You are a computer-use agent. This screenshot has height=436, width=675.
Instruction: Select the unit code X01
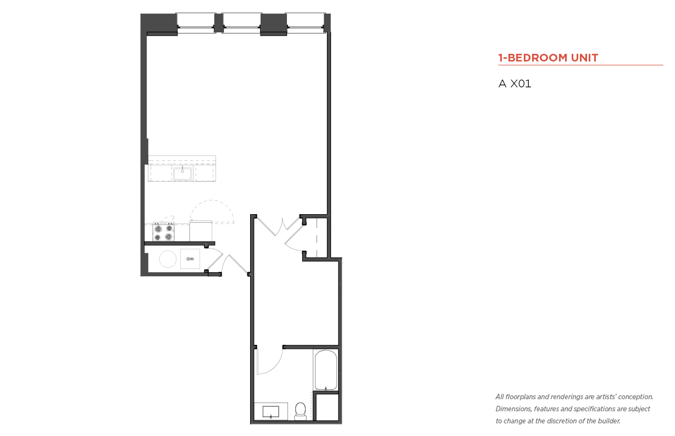(521, 83)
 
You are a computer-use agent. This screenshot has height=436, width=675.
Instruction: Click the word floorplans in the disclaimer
(521, 397)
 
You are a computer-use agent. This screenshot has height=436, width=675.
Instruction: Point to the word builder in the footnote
(609, 421)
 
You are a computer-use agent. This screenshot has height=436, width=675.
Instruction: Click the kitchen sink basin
(182, 174)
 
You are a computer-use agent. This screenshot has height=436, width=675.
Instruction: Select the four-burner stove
(163, 232)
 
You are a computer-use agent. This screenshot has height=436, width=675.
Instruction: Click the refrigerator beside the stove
(201, 231)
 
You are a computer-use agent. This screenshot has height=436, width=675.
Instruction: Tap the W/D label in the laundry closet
(190, 259)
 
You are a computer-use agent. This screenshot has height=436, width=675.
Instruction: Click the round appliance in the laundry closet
(168, 259)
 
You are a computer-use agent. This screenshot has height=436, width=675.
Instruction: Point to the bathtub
(326, 370)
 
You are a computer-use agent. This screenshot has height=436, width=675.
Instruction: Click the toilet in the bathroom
(300, 411)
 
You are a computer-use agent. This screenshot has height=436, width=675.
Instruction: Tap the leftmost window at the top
(196, 23)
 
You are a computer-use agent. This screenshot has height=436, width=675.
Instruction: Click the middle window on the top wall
(242, 23)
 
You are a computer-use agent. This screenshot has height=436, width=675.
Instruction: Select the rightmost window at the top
(305, 23)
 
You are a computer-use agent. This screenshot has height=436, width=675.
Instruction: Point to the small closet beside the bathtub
(327, 407)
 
